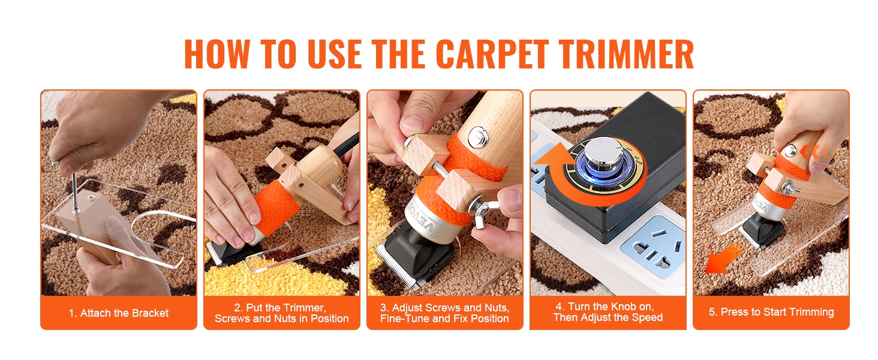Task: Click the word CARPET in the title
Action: pyautogui.click(x=492, y=54)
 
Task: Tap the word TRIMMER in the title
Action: pyautogui.click(x=626, y=54)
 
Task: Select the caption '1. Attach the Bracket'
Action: pyautogui.click(x=118, y=313)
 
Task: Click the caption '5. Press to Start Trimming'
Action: pyautogui.click(x=771, y=312)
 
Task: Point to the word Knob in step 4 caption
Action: pyautogui.click(x=618, y=306)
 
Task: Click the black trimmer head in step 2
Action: pyautogui.click(x=231, y=251)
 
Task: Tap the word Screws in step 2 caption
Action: pyautogui.click(x=233, y=319)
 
